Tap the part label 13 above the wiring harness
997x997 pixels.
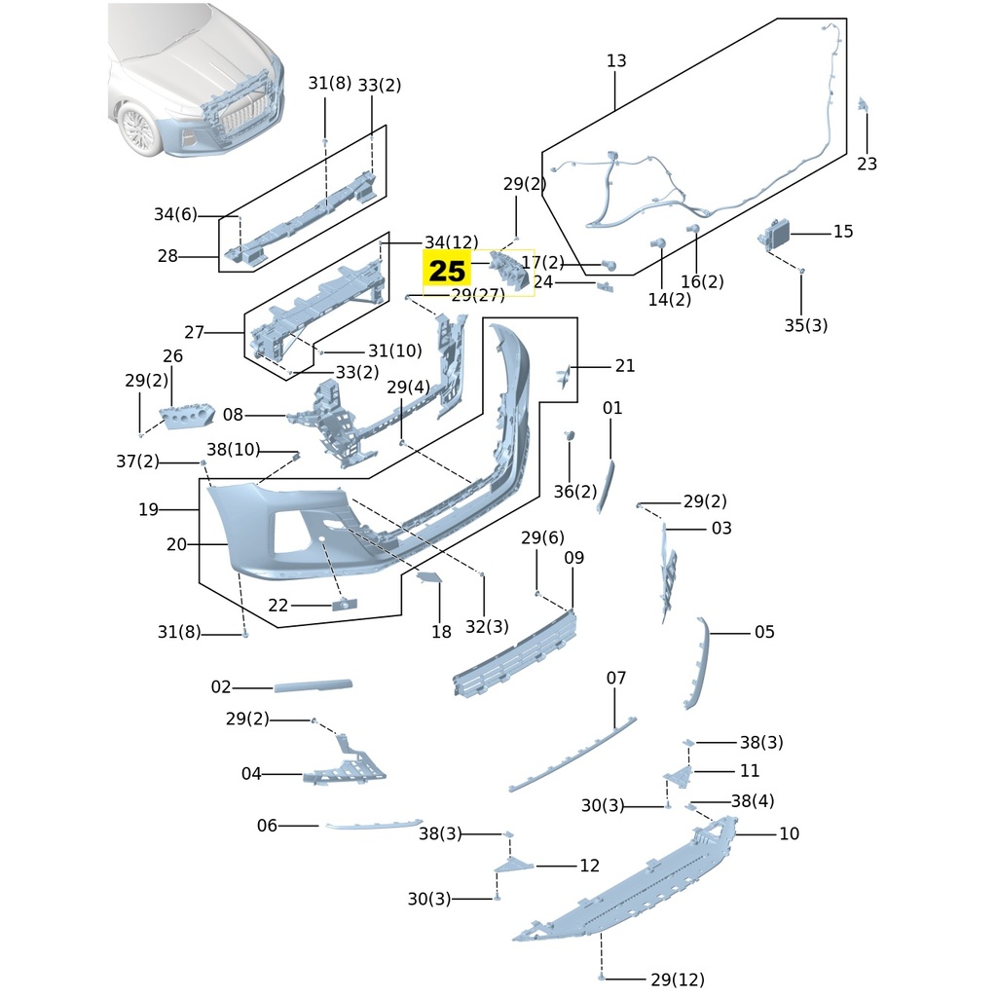click(616, 61)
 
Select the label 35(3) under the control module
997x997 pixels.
click(805, 325)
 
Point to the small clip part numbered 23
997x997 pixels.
click(863, 105)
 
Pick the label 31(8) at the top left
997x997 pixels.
click(329, 83)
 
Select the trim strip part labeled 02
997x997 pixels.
click(313, 685)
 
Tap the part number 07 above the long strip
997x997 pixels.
click(616, 678)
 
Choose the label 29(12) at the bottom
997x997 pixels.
click(677, 979)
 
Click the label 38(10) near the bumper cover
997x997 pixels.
click(234, 449)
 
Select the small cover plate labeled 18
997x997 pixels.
click(429, 578)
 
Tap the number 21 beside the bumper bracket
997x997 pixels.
click(624, 366)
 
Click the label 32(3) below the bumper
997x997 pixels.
click(487, 627)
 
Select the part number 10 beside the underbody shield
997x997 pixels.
click(789, 834)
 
